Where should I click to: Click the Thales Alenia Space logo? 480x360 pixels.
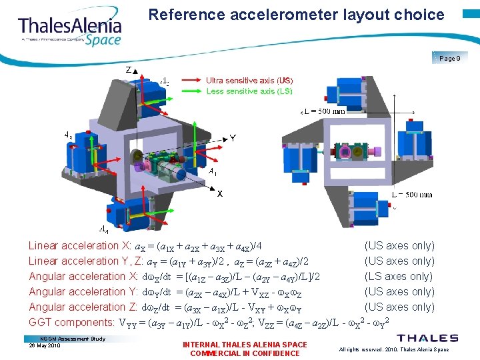click(69, 28)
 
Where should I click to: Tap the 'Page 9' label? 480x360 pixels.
click(449, 59)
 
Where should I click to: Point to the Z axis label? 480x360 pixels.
click(128, 70)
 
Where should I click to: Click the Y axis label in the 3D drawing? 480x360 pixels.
click(233, 139)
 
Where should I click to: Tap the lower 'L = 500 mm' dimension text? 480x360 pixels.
click(411, 195)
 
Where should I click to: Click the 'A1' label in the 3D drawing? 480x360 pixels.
click(212, 171)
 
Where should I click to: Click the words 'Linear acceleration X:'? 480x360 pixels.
click(80, 245)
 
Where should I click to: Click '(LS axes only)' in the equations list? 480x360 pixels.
click(399, 276)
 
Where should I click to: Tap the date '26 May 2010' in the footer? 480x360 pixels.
click(45, 345)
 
